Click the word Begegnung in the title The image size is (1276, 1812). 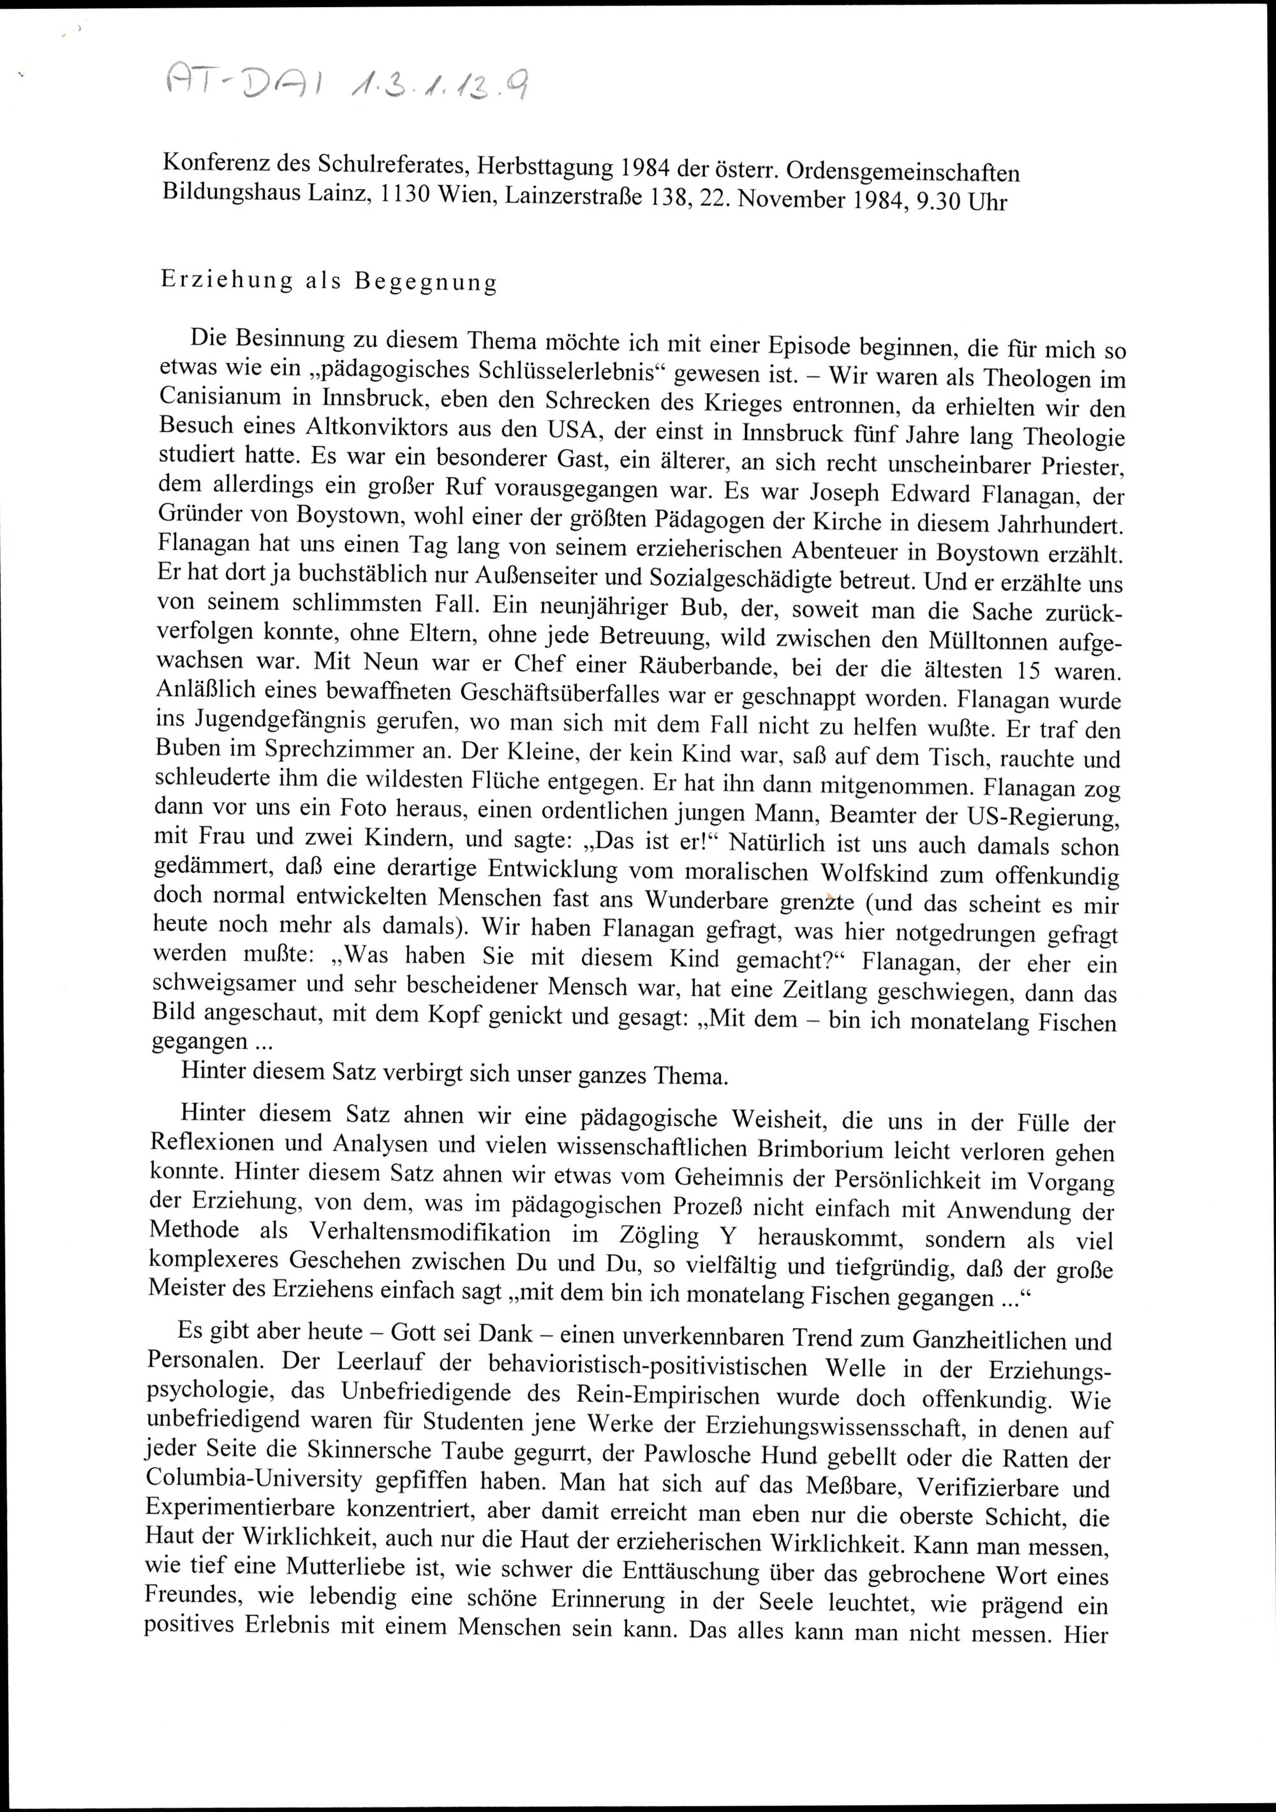pos(426,283)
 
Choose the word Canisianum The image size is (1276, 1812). pos(226,396)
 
